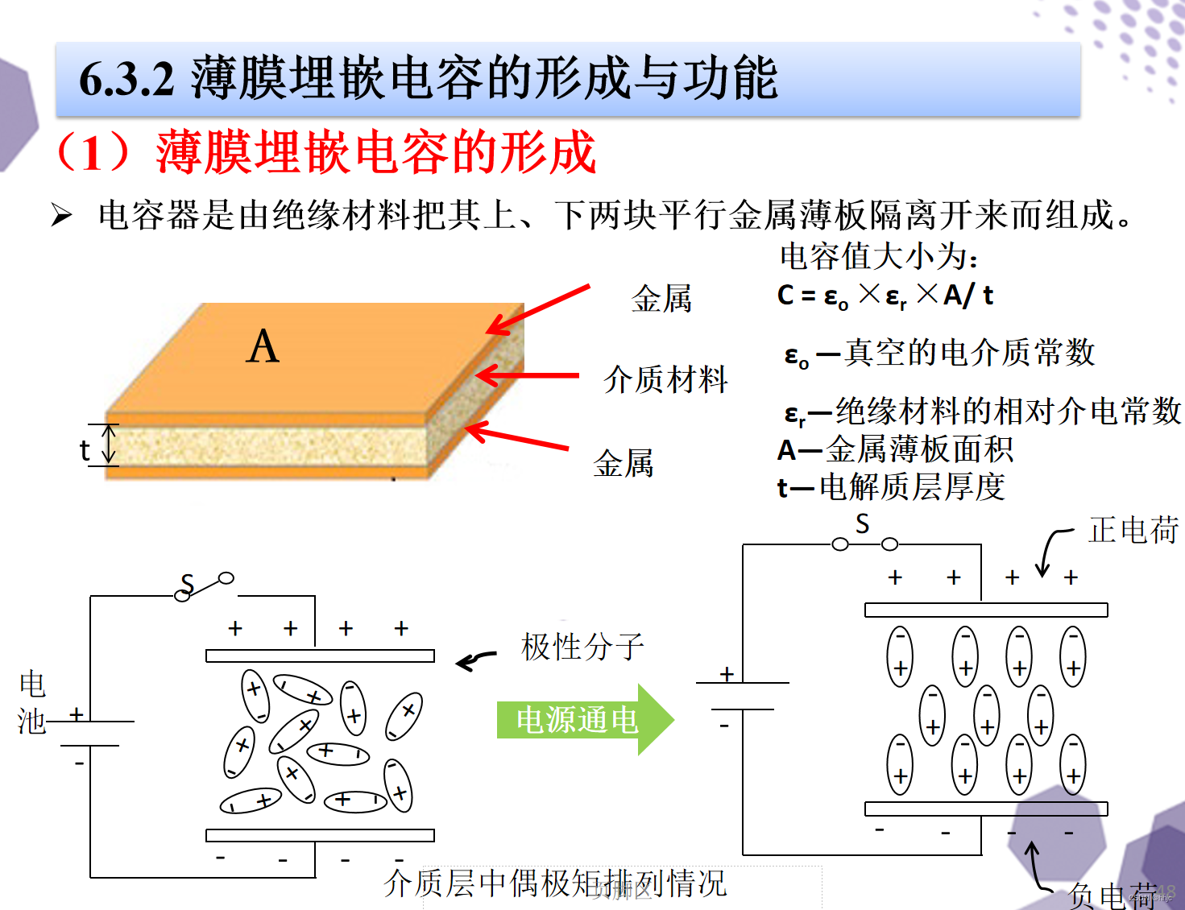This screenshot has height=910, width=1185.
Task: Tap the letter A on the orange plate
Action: click(x=263, y=347)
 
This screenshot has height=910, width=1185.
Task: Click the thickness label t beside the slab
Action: click(x=85, y=450)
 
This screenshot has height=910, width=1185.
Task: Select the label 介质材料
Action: click(x=665, y=378)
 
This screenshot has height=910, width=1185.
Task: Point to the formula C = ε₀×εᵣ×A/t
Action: click(x=885, y=296)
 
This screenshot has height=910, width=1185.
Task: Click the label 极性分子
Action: click(x=582, y=647)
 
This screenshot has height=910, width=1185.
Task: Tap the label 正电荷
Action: click(x=1133, y=530)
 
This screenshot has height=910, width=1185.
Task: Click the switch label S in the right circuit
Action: click(x=862, y=524)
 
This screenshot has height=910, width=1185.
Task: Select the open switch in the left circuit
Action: click(x=205, y=586)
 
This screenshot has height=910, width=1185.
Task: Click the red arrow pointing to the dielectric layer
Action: click(x=528, y=375)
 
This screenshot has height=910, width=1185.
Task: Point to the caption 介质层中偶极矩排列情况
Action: click(x=555, y=883)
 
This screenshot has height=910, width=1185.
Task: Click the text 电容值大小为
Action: click(x=878, y=256)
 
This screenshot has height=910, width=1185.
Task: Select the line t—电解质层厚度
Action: click(x=891, y=487)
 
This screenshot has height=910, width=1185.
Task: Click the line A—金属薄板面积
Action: click(x=894, y=449)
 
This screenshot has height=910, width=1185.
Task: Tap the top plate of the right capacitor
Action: click(x=985, y=610)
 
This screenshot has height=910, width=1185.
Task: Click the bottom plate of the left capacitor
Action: click(x=320, y=835)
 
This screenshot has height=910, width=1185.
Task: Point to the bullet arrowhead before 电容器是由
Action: click(x=62, y=216)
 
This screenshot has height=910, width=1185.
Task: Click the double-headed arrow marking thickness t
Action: click(x=109, y=445)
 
